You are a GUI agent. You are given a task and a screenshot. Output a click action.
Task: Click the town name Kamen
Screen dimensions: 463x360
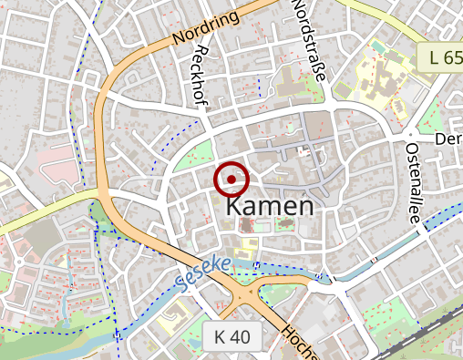point(269,207)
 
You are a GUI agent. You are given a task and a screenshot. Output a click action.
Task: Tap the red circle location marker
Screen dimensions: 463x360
point(231,180)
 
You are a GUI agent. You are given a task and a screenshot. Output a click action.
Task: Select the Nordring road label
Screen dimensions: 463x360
point(204,27)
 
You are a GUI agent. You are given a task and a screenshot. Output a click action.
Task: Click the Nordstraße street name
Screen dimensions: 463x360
point(307,41)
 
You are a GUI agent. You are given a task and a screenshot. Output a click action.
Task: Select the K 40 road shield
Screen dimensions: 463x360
point(232,336)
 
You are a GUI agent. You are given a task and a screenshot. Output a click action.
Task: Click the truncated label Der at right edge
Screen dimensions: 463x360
point(449,139)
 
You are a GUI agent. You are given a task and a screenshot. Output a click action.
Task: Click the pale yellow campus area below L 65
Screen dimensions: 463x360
point(374,77)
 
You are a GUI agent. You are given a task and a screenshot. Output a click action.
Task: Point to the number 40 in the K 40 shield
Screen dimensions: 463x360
point(240,336)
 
